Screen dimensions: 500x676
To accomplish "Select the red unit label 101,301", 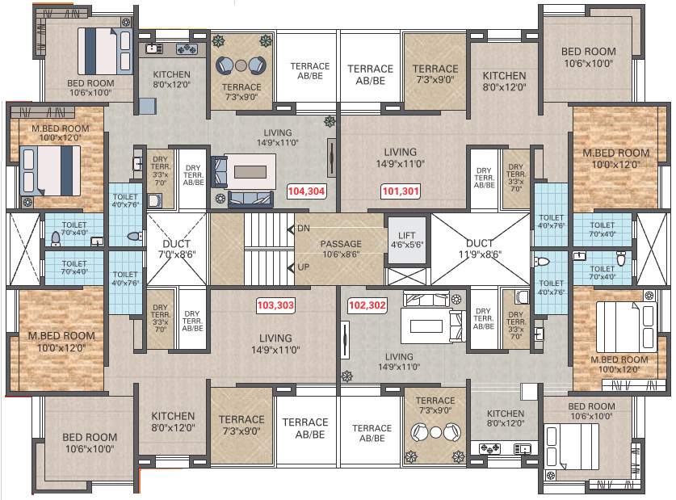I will click(401, 191).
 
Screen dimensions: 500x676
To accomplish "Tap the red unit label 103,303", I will click(275, 306).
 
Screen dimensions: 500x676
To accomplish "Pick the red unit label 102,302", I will click(367, 306).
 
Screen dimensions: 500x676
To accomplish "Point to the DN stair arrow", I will click(291, 229).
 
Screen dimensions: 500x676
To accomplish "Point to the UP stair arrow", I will click(291, 267).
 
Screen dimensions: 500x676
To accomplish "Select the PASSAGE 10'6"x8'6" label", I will click(341, 248).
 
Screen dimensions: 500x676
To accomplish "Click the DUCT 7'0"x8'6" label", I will click(174, 248).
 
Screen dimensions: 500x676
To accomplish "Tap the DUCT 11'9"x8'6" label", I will click(480, 248).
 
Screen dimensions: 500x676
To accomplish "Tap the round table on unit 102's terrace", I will click(435, 432).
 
